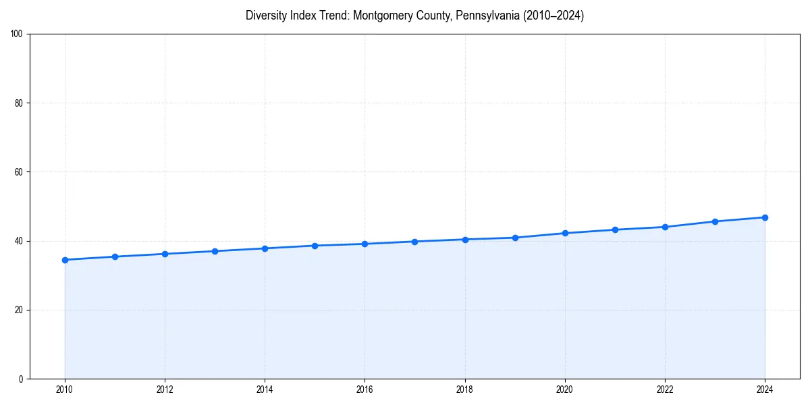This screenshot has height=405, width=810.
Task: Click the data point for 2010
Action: pyautogui.click(x=65, y=260)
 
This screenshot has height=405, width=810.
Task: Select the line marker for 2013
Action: pyautogui.click(x=215, y=251)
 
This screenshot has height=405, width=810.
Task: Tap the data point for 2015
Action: pyautogui.click(x=315, y=246)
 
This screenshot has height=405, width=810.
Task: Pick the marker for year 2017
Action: pyautogui.click(x=414, y=242)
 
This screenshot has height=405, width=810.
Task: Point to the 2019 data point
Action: pyautogui.click(x=515, y=238)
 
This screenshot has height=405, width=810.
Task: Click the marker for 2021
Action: pyautogui.click(x=615, y=230)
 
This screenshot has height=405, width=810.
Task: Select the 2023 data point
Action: pyautogui.click(x=715, y=221)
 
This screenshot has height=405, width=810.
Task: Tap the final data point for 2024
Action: pyautogui.click(x=765, y=217)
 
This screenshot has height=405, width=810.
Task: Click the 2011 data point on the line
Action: pyautogui.click(x=115, y=256)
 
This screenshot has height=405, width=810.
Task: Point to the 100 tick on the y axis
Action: pyautogui.click(x=18, y=34)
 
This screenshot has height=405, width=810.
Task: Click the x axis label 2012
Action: pyautogui.click(x=165, y=389)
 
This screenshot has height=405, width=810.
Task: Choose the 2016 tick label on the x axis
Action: pyautogui.click(x=364, y=389)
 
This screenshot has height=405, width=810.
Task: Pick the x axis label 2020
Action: pyautogui.click(x=565, y=389)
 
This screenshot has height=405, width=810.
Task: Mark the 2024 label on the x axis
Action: pyautogui.click(x=765, y=389)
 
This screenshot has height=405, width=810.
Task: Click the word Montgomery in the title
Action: pyautogui.click(x=383, y=16)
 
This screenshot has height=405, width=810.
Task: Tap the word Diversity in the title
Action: pyautogui.click(x=267, y=16)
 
